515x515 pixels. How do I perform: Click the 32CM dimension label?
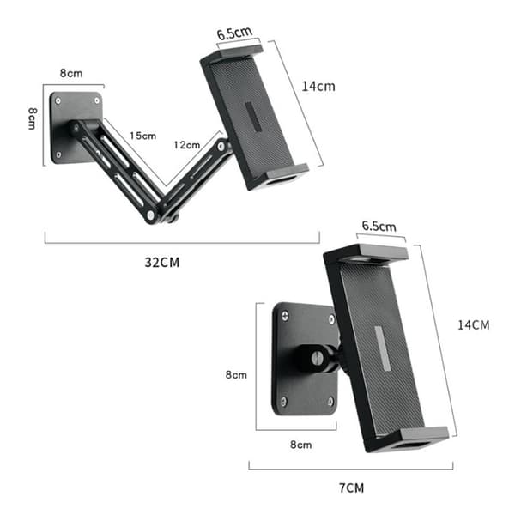162,263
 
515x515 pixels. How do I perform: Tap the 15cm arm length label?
142,136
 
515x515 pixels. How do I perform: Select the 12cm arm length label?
187,145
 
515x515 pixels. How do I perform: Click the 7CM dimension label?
351,488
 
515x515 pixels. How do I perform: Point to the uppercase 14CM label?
474,325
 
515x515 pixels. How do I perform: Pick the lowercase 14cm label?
318,87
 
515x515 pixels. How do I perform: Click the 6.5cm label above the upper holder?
234,33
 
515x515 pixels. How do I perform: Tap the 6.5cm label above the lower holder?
379,226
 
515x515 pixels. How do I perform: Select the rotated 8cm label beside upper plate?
32,118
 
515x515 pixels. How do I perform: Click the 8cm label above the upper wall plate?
71,73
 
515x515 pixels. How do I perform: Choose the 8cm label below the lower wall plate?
301,445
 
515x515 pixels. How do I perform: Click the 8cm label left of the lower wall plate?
236,375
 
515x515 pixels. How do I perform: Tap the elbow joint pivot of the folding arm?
151,215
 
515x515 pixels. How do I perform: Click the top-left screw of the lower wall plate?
285,316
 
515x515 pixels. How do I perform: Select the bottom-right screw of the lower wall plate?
330,402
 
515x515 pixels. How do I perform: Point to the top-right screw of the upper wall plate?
97,100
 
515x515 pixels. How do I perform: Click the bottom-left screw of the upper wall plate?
58,154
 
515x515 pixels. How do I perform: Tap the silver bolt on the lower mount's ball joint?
318,358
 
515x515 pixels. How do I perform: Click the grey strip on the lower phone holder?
383,348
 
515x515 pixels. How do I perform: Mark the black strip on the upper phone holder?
253,117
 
